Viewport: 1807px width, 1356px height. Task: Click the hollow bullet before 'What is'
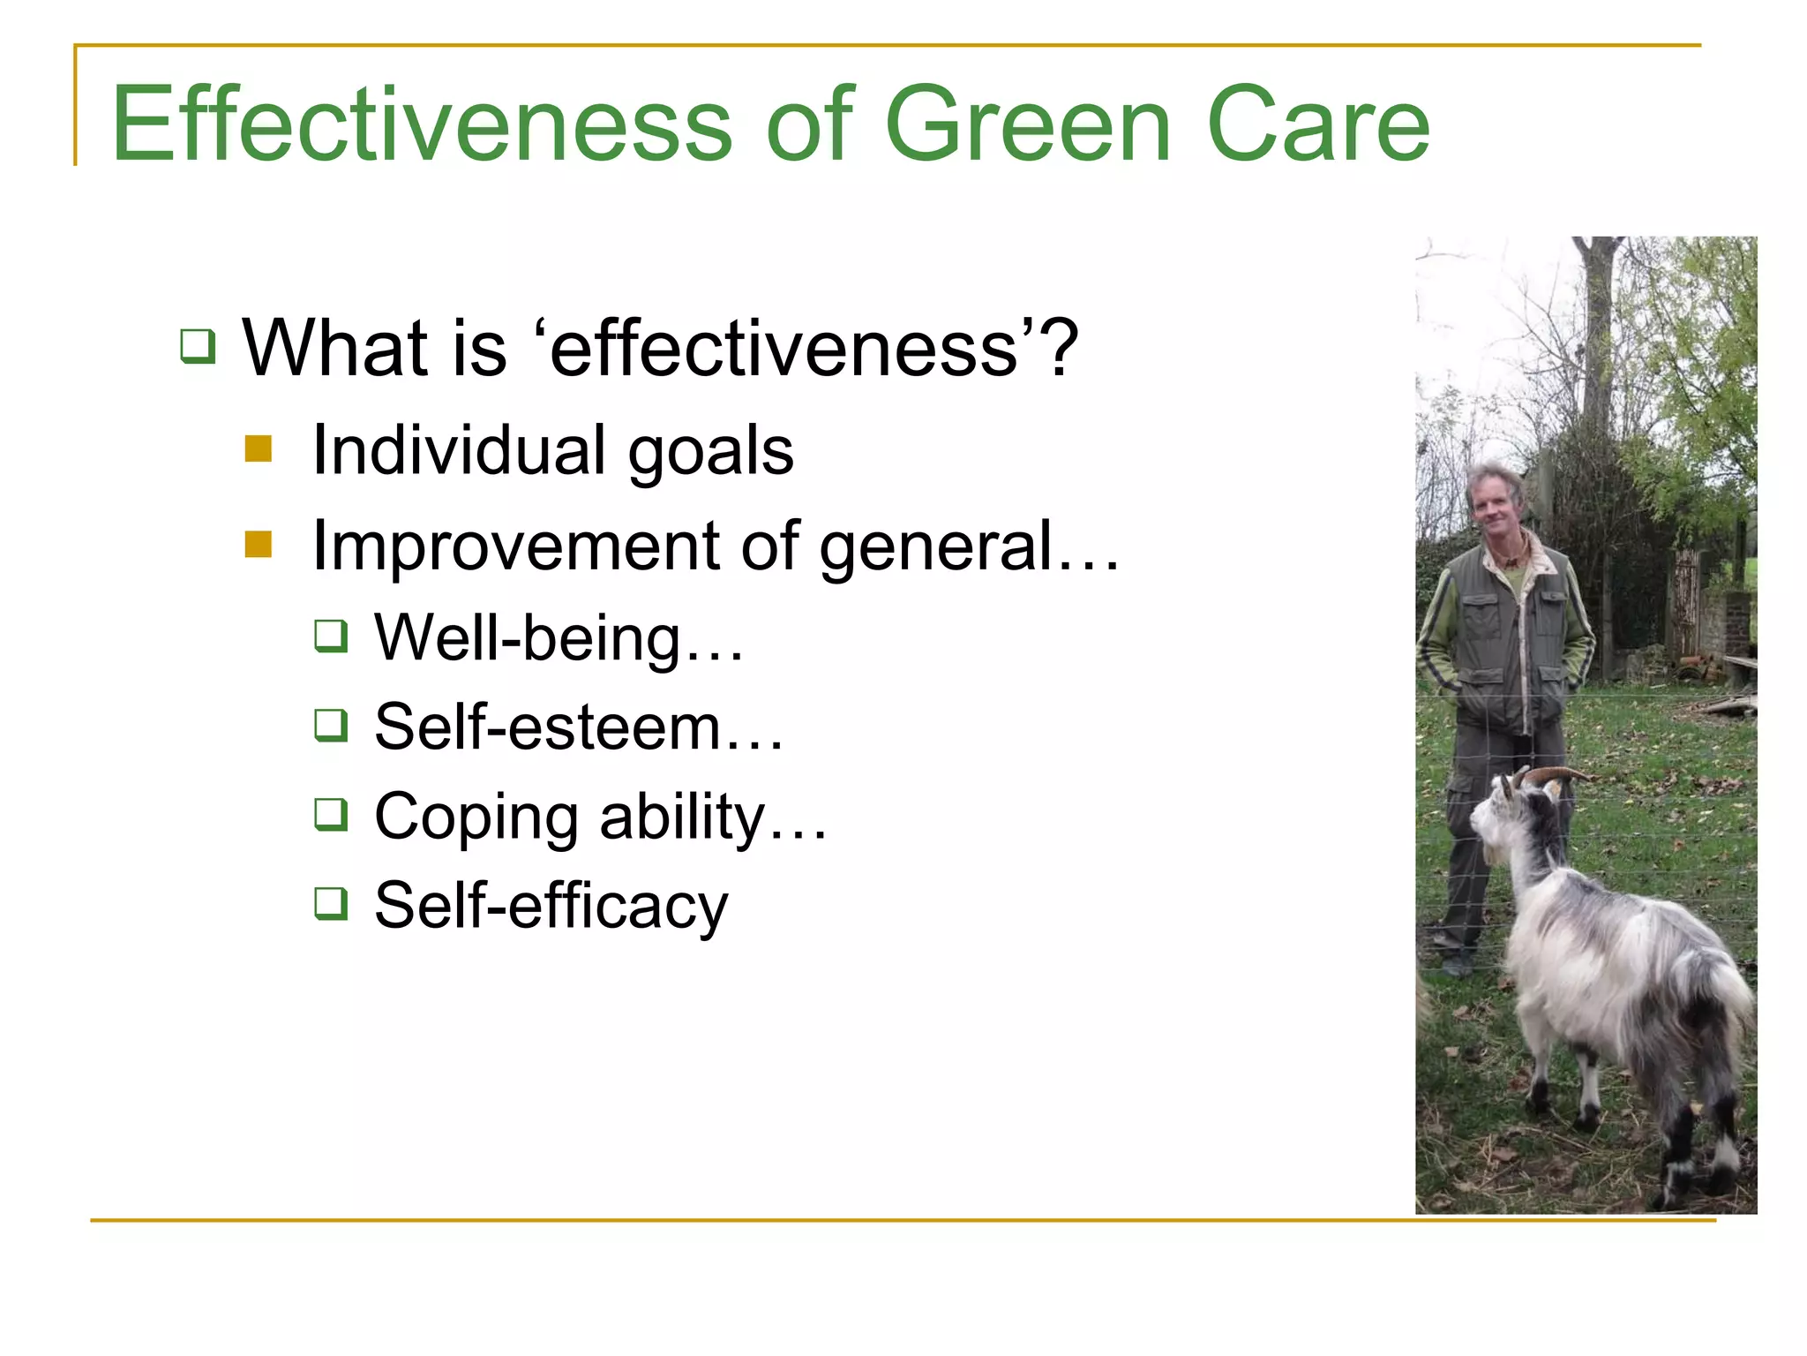[198, 346]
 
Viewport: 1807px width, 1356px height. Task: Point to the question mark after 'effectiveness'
[1059, 346]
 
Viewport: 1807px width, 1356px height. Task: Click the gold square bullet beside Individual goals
[259, 448]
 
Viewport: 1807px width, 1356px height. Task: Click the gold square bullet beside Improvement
[259, 544]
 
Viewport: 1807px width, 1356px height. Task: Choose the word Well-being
[528, 637]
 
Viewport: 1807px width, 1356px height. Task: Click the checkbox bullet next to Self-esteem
[332, 726]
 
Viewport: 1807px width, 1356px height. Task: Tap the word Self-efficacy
[551, 906]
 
